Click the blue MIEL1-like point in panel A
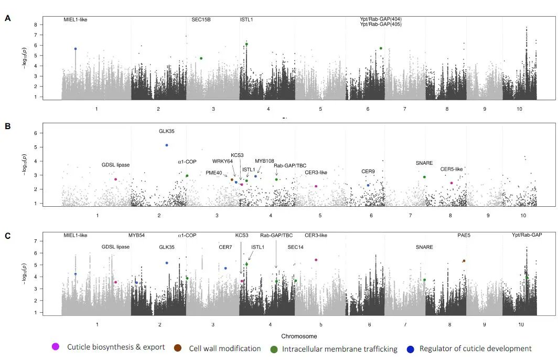tap(76, 49)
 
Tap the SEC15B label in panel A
tap(201, 20)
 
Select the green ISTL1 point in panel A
tap(246, 45)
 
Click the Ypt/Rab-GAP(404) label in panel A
tap(380, 19)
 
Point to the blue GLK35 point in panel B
tap(167, 145)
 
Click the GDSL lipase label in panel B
tap(115, 165)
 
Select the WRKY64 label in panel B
tap(222, 161)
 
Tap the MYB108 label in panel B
tap(264, 161)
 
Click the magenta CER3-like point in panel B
tap(316, 186)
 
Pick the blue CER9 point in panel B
tap(368, 185)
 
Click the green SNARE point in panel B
tap(424, 177)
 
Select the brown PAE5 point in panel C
tap(464, 261)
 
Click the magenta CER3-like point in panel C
tap(316, 260)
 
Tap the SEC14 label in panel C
tap(295, 247)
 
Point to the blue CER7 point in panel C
tap(226, 268)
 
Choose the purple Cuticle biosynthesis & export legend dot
tap(56, 347)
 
